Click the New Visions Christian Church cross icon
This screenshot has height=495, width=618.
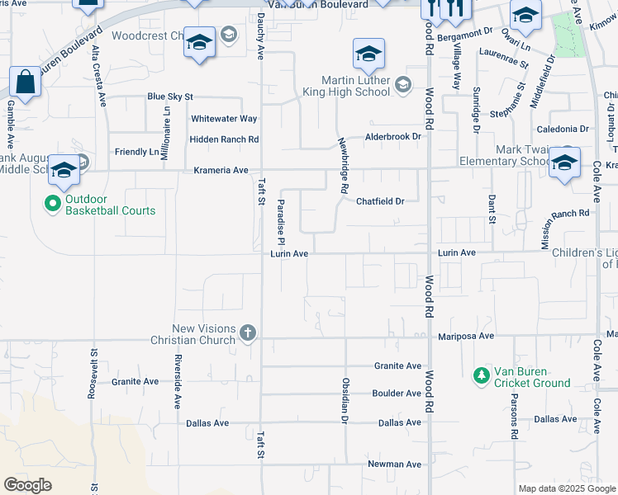pyautogui.click(x=246, y=333)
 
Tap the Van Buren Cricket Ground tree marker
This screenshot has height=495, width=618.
pyautogui.click(x=481, y=375)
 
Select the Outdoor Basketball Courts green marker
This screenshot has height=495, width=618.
pyautogui.click(x=53, y=202)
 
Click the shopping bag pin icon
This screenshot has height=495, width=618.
pyautogui.click(x=26, y=82)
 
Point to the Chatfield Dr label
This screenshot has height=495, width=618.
pyautogui.click(x=380, y=201)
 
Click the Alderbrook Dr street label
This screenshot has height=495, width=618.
pyautogui.click(x=392, y=136)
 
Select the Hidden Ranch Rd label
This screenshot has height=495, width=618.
pyautogui.click(x=224, y=139)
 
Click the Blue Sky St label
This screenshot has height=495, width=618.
pyautogui.click(x=169, y=97)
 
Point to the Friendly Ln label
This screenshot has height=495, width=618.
pyautogui.click(x=137, y=152)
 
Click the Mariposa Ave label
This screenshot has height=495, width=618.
pyautogui.click(x=464, y=337)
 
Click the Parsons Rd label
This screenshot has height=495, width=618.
pyautogui.click(x=514, y=421)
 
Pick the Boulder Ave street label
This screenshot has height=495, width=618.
pyautogui.click(x=397, y=394)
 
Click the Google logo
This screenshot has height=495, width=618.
pyautogui.click(x=27, y=485)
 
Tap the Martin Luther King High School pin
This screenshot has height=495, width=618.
pyautogui.click(x=369, y=54)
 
